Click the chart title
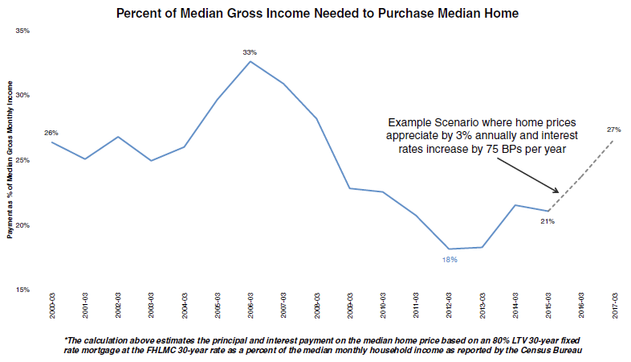(x=318, y=14)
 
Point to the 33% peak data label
(x=250, y=52)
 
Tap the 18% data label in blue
(x=449, y=260)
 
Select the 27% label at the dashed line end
(x=613, y=130)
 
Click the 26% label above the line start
(x=51, y=132)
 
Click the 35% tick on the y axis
(x=22, y=31)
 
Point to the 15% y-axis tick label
(x=22, y=290)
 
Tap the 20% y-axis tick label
(x=22, y=225)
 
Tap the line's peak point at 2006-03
(x=250, y=61)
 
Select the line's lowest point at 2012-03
(x=449, y=249)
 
